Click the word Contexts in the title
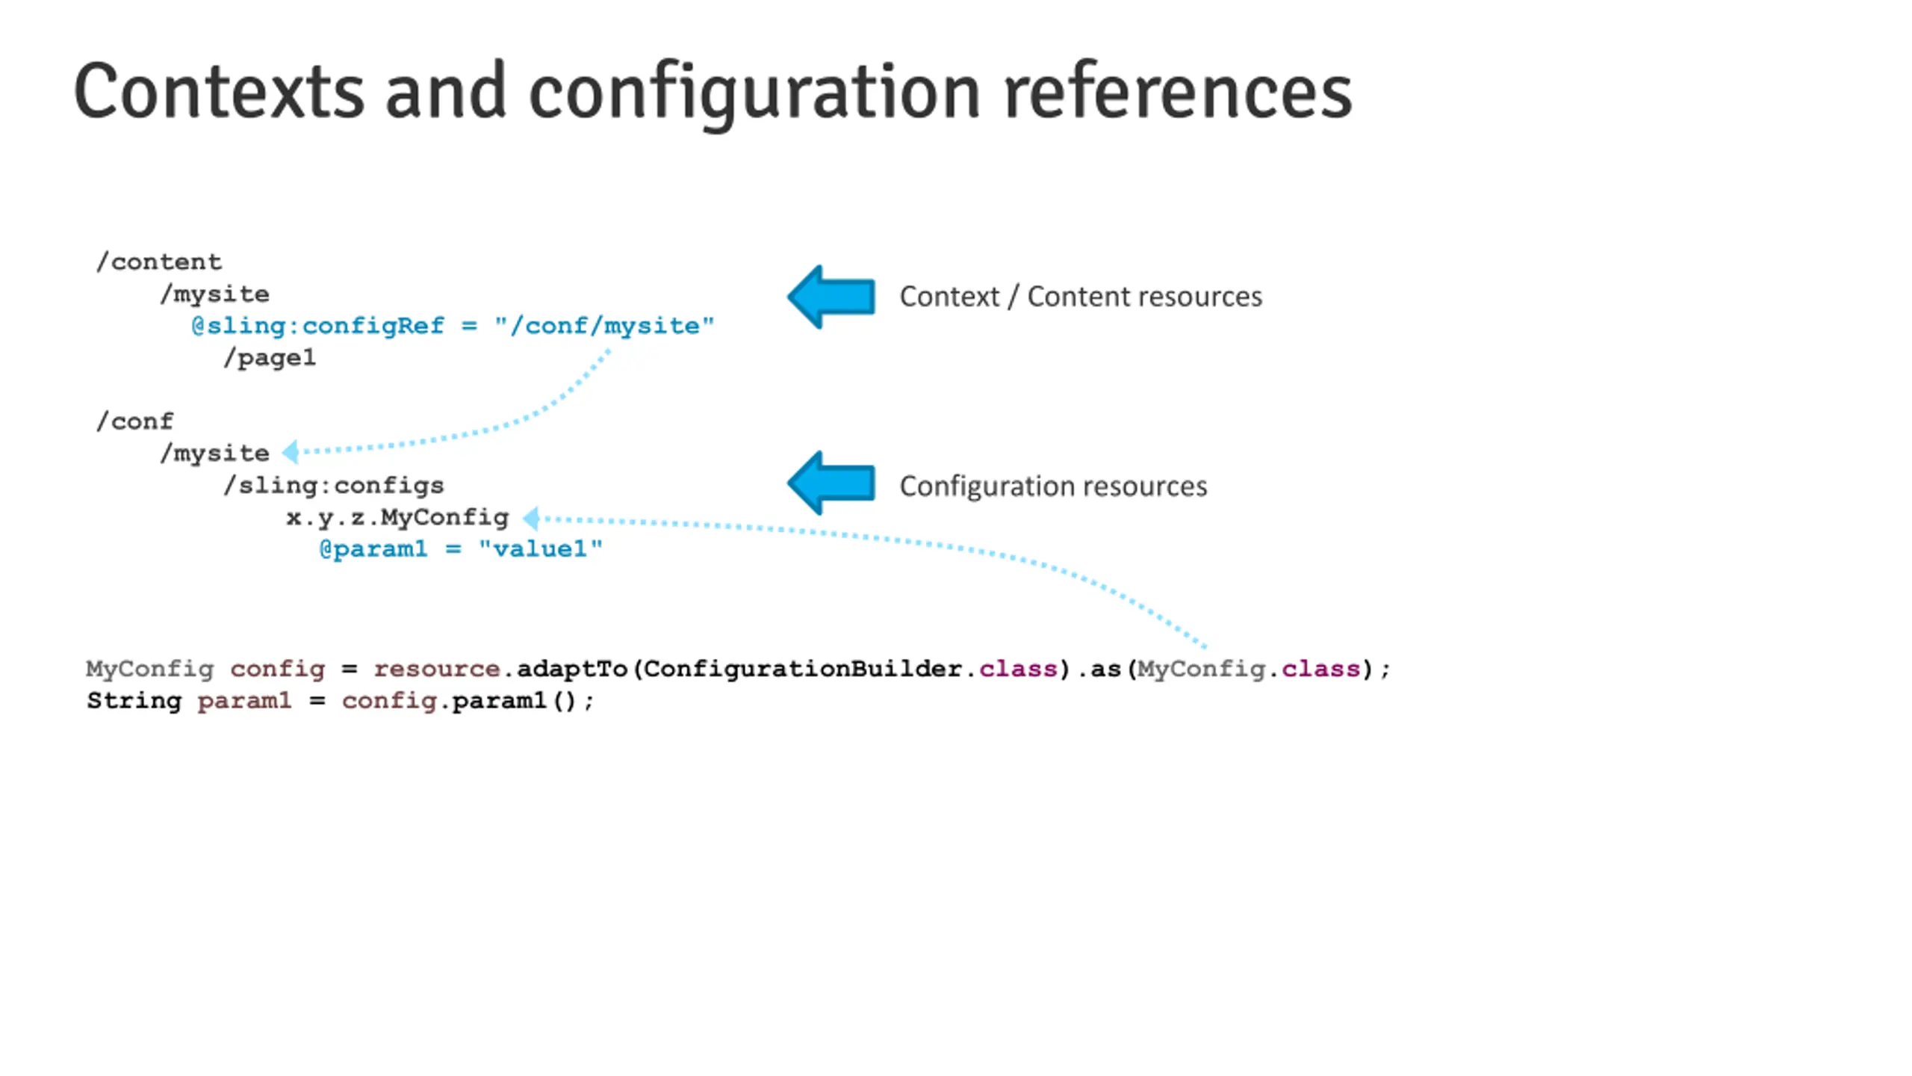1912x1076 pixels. (x=219, y=92)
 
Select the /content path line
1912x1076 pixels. (x=158, y=262)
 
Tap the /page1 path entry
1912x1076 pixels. (x=270, y=358)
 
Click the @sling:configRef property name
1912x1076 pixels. (x=318, y=326)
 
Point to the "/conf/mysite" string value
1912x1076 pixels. (x=604, y=326)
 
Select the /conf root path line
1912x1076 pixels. (x=134, y=421)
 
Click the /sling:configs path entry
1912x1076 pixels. (x=334, y=486)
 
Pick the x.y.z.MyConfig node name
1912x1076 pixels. (x=397, y=517)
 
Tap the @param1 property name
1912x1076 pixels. (x=373, y=549)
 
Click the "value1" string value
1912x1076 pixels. (x=540, y=549)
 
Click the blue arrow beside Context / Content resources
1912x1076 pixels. (x=831, y=297)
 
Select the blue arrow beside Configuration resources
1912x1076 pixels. (x=831, y=483)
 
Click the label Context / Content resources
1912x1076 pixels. (x=1081, y=297)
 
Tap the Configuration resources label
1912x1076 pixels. (x=1053, y=486)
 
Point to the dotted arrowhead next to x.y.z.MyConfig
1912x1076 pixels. (x=531, y=518)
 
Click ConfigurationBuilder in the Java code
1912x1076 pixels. (x=803, y=669)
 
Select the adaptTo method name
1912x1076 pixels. (x=572, y=669)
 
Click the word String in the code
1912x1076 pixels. (x=134, y=701)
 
